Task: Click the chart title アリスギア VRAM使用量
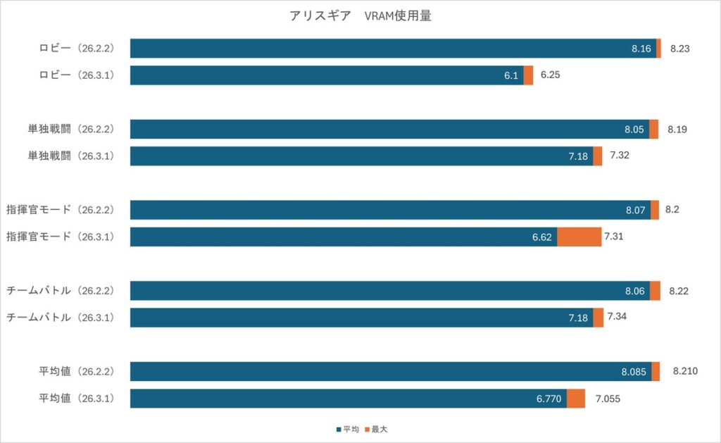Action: click(x=360, y=16)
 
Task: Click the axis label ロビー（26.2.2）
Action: click(x=76, y=49)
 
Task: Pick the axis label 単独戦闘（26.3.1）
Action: click(x=70, y=156)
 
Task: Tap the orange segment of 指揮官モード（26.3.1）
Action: click(x=579, y=237)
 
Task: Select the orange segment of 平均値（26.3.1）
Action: click(x=575, y=399)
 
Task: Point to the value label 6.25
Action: click(x=550, y=74)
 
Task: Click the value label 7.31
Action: click(x=613, y=236)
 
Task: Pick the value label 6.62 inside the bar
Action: click(x=541, y=237)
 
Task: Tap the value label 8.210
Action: click(x=685, y=370)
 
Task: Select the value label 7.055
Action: click(x=608, y=398)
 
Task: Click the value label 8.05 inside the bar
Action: click(x=634, y=130)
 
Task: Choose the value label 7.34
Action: click(x=617, y=316)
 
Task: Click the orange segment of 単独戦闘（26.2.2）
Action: click(x=653, y=130)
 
